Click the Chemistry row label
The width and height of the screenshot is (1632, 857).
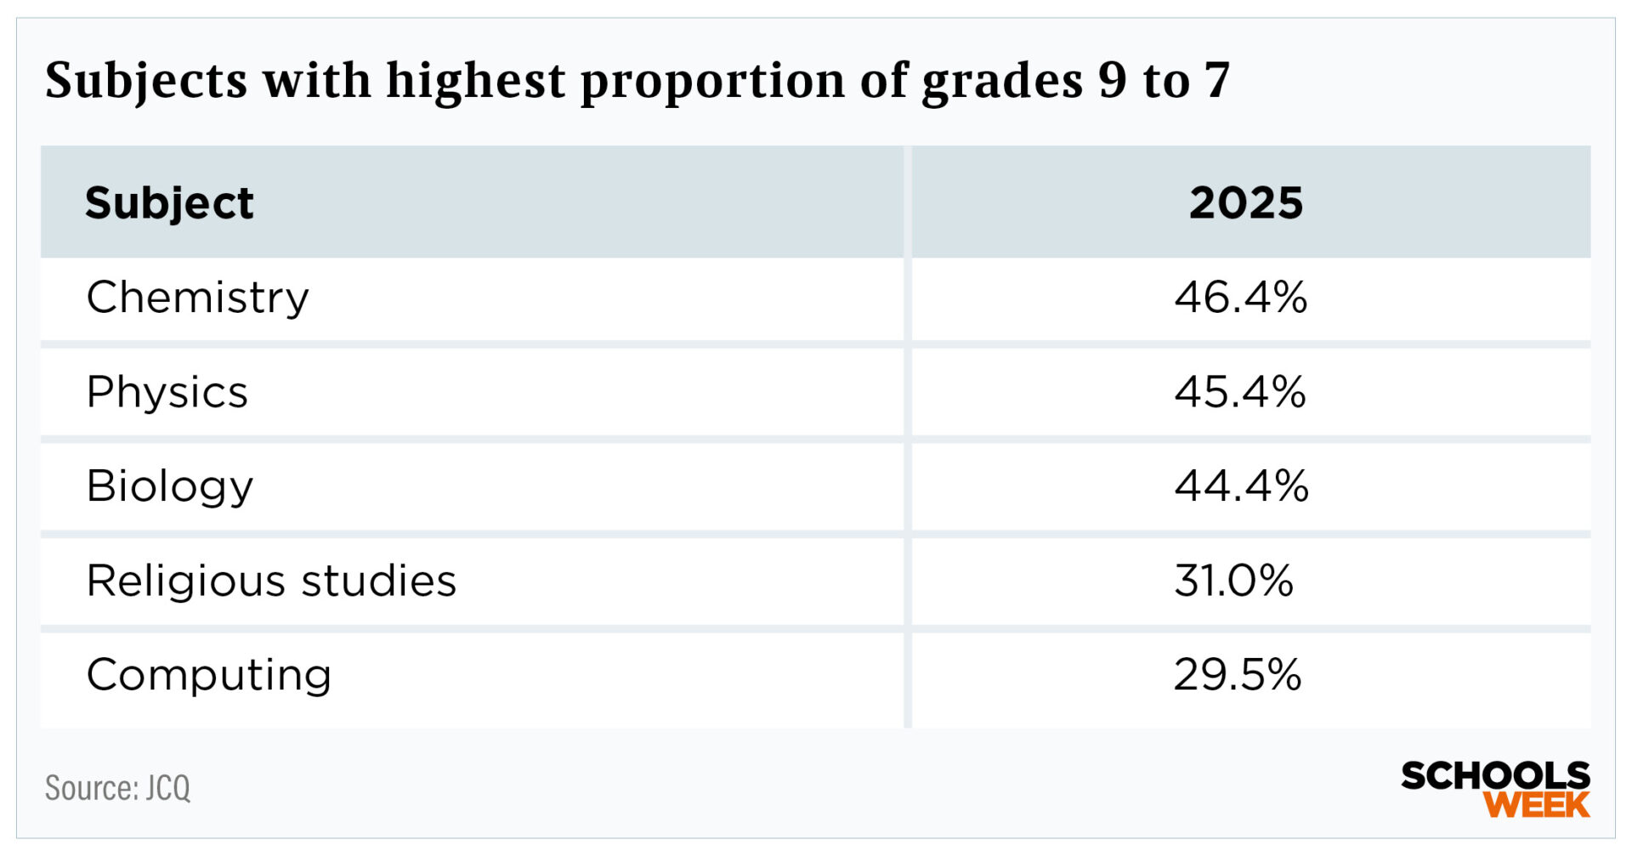pos(197,298)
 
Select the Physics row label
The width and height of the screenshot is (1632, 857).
pos(167,393)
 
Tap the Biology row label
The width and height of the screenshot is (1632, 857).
pos(170,487)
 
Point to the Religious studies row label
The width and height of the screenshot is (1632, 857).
pos(271,582)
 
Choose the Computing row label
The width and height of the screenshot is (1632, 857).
pos(208,676)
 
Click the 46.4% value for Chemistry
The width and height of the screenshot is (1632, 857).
pos(1240,298)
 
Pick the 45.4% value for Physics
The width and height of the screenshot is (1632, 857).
pos(1240,393)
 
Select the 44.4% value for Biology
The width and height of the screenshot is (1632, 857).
pos(1241,487)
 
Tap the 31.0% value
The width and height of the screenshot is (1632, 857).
pos(1233,582)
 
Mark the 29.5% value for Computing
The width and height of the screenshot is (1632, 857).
pos(1238,676)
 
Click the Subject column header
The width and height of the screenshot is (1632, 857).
pos(169,203)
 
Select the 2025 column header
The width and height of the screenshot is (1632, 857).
pos(1245,203)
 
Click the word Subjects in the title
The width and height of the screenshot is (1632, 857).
pos(146,82)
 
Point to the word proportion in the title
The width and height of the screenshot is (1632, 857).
pos(713,82)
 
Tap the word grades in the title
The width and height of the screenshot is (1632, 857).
pos(1002,82)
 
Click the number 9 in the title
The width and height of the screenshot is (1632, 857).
pos(1112,82)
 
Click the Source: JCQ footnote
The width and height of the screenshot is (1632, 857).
pos(117,788)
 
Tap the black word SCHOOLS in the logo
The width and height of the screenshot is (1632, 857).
pos(1495,775)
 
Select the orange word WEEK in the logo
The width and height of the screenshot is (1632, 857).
pos(1536,804)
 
